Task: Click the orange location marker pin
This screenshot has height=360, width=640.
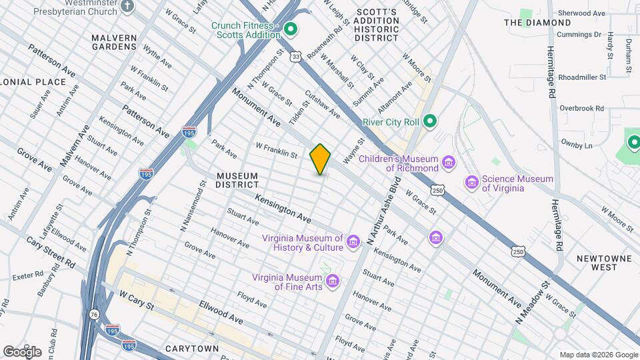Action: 320,159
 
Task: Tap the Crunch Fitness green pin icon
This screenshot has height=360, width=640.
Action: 290,29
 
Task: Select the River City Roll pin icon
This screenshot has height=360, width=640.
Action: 430,121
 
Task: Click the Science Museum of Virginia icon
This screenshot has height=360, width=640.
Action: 472,183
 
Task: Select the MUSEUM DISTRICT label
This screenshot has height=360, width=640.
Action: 237,180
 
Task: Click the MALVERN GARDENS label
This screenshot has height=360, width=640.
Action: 114,43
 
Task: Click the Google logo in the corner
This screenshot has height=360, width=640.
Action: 22,351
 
